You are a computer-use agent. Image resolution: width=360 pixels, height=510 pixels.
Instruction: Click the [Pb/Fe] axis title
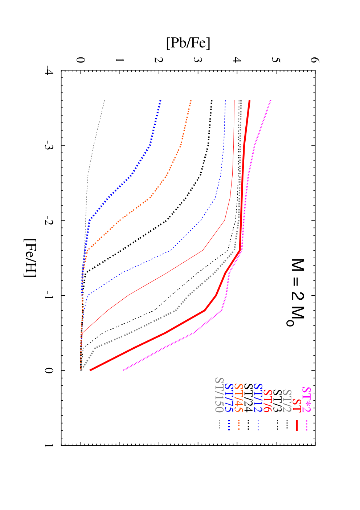tap(188, 43)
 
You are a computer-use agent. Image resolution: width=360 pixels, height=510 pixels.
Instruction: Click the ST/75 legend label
tap(229, 398)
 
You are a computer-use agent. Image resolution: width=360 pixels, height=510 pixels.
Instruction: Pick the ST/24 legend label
tap(248, 398)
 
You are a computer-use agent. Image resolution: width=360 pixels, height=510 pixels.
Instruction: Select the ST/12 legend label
tap(258, 398)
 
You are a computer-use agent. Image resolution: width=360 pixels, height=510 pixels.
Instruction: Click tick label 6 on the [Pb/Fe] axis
tap(315, 60)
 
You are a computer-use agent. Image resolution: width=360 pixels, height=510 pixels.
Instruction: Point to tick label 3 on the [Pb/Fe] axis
tap(198, 60)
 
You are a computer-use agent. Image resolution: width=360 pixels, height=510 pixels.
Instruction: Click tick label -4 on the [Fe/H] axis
tap(49, 70)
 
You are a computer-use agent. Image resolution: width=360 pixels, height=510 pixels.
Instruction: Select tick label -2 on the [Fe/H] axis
tap(49, 220)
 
